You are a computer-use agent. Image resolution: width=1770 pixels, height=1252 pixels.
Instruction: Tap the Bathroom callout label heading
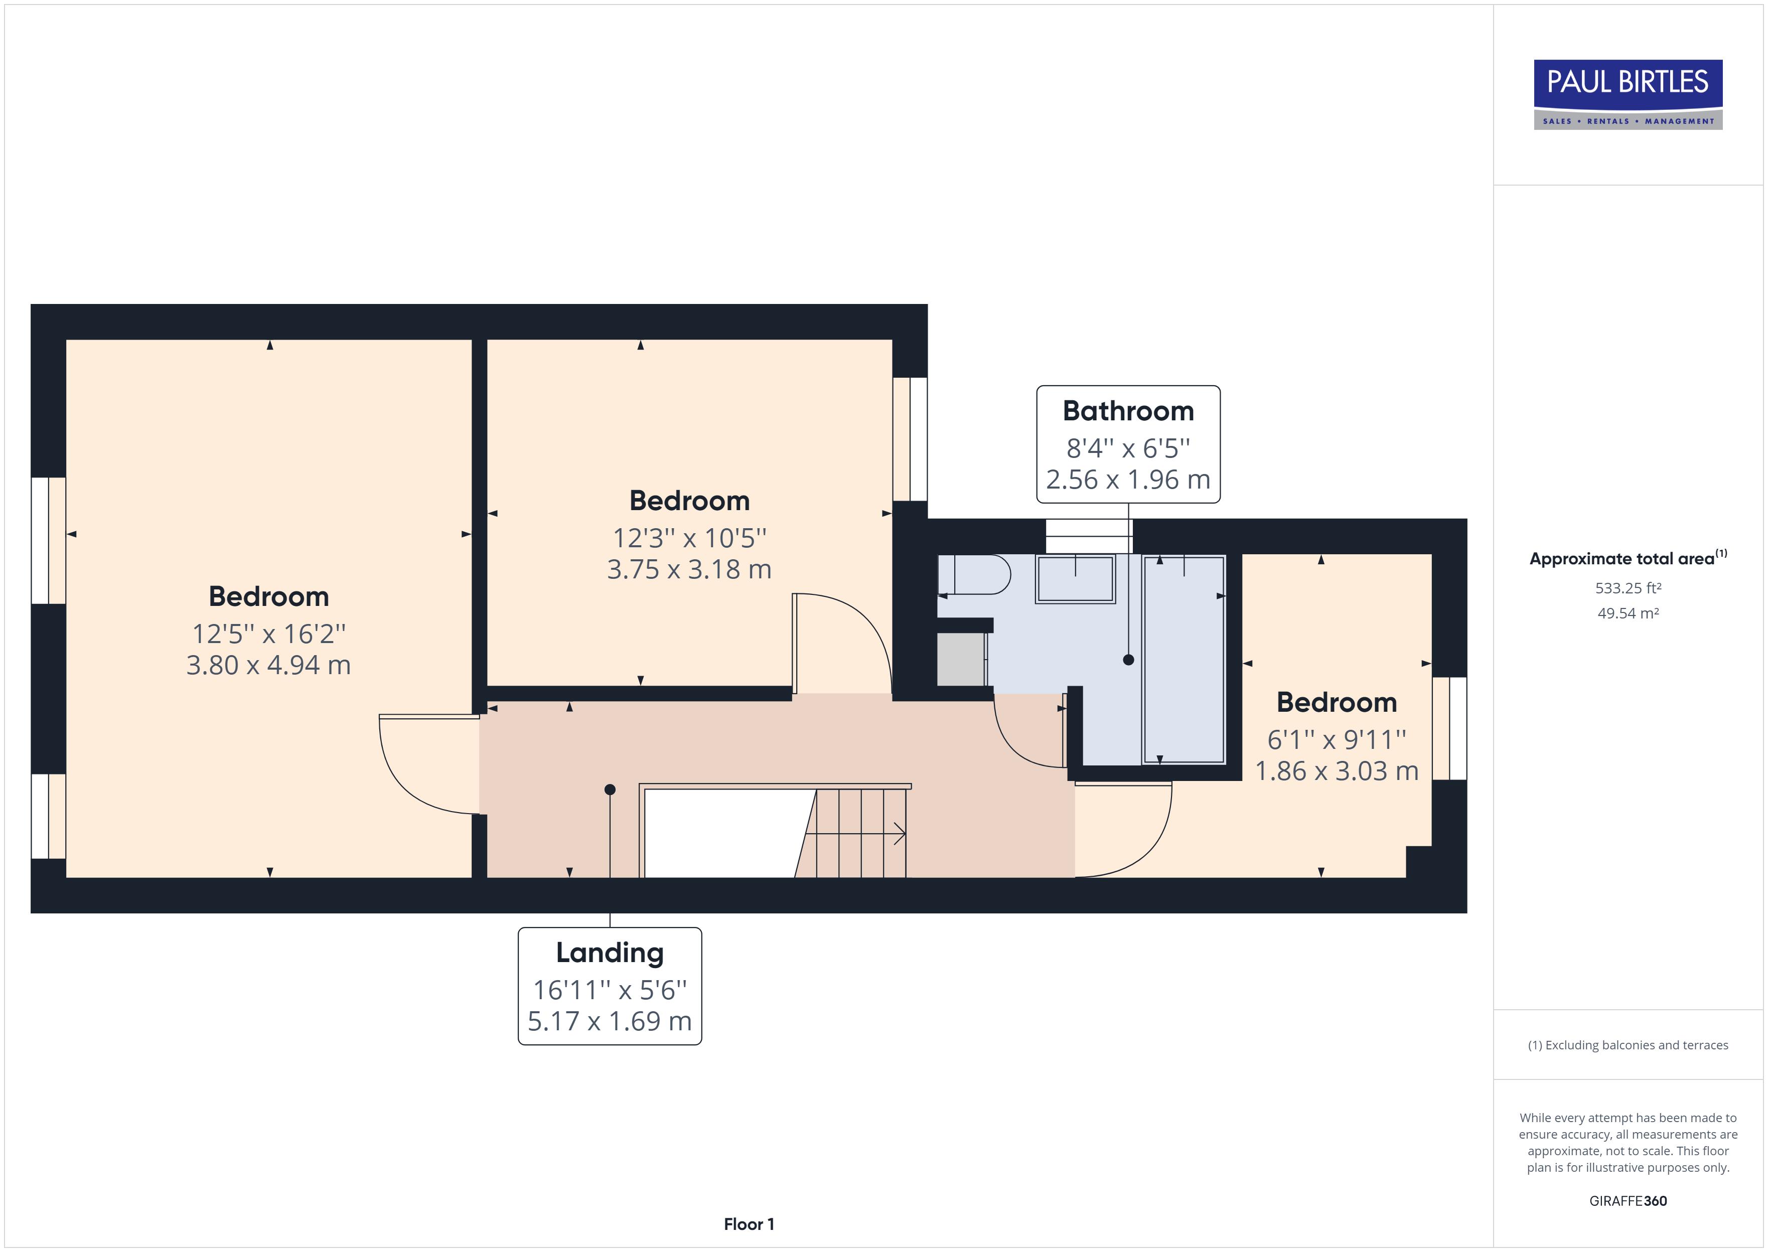click(1128, 411)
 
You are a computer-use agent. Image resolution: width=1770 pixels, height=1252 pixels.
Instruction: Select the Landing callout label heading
click(609, 953)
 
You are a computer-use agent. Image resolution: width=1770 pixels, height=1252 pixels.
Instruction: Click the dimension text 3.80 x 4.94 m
click(268, 665)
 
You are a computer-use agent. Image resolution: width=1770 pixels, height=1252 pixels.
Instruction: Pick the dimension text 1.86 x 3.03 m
click(1336, 771)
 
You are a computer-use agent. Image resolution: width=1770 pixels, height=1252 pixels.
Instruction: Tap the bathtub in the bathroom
click(1184, 659)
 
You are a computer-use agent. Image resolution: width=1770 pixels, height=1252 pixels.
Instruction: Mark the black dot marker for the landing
click(610, 790)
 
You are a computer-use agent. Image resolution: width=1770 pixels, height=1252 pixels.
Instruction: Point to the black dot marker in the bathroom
click(1129, 660)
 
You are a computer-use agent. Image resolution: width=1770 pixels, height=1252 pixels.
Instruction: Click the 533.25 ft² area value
click(1628, 588)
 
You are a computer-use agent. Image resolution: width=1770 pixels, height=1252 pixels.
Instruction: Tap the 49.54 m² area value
click(1628, 613)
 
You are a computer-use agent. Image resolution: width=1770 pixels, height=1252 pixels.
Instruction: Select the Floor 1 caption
click(749, 1224)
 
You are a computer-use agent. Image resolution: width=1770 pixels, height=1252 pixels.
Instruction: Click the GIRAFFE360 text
click(1628, 1201)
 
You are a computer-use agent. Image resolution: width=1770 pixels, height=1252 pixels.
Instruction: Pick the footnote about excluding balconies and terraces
click(1628, 1045)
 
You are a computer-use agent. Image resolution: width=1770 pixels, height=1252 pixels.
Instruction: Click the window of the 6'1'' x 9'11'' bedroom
click(1449, 728)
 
